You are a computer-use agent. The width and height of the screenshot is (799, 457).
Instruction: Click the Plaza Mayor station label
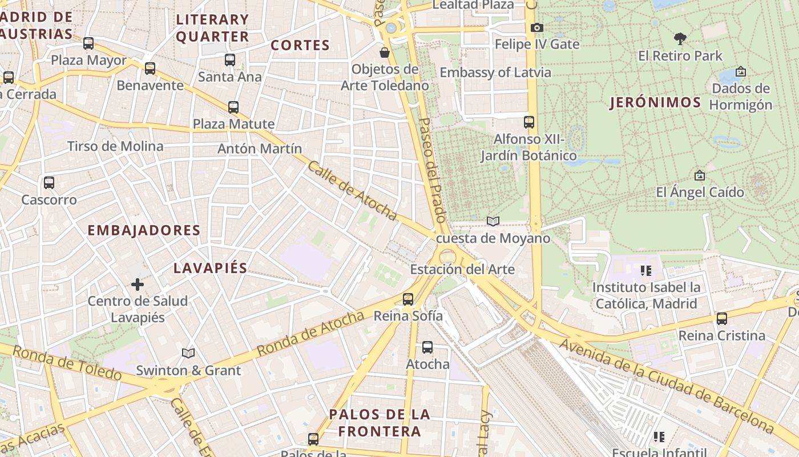(89, 60)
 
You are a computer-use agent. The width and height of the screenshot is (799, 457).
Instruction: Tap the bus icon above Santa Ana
(230, 59)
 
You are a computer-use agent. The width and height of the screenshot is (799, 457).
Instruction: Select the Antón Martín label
(260, 149)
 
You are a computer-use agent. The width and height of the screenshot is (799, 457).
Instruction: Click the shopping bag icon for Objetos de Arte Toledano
(385, 53)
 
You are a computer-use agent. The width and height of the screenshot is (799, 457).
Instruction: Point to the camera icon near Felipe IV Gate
(536, 27)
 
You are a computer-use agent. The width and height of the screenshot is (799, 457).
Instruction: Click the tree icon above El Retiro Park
(680, 39)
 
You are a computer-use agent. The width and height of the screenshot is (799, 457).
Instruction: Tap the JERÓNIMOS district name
(655, 103)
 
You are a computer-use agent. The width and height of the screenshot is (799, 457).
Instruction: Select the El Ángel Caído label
(700, 192)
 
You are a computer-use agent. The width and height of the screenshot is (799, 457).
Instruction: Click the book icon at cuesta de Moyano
(493, 221)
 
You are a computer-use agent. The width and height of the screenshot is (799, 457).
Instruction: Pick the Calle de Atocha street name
(352, 191)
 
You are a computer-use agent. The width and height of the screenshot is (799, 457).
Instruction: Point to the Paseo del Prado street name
(432, 170)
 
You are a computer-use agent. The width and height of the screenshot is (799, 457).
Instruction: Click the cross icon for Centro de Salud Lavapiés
(138, 284)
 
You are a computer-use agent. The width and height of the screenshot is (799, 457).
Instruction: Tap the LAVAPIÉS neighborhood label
(210, 268)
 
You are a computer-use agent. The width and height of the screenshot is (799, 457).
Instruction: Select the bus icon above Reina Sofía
(408, 299)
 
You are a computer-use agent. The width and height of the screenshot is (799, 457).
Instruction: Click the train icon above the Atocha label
(427, 347)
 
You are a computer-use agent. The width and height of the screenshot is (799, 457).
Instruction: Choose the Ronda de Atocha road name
(310, 334)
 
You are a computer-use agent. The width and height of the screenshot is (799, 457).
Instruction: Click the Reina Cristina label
(721, 335)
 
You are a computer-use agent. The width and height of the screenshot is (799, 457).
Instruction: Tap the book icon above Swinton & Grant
(188, 353)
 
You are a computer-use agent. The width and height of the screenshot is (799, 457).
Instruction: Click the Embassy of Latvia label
(495, 73)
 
